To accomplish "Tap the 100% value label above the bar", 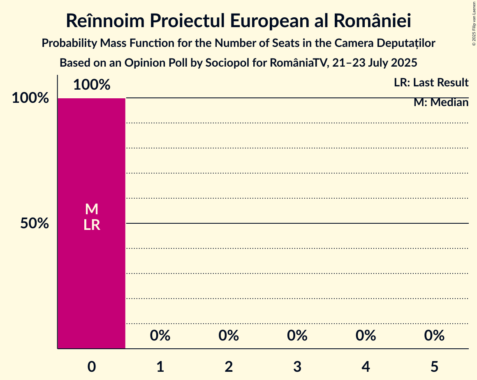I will tap(92, 85).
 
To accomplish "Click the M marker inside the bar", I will tap(92, 209).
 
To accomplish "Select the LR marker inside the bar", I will tap(92, 225).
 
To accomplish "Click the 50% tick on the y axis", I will tap(35, 224).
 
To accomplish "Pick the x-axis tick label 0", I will tap(92, 366).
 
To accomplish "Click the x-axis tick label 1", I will tap(160, 366).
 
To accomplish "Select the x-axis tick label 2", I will tap(229, 366).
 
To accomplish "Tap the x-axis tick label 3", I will tap(297, 366).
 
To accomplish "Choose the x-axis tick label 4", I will tap(366, 366).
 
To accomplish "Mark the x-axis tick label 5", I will tap(435, 366).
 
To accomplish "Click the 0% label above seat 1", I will tap(160, 336).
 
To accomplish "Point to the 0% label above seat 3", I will tap(297, 336).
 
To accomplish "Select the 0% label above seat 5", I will tap(435, 336).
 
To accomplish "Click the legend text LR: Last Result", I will tap(431, 83).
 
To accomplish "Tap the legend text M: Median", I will tap(441, 102).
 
